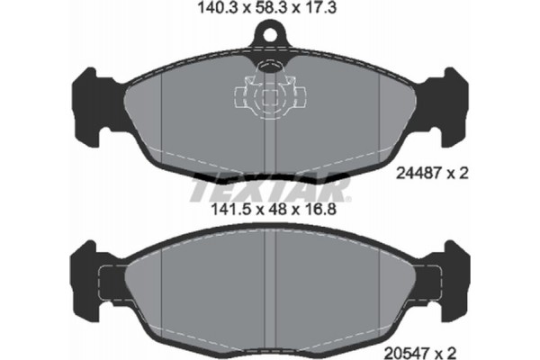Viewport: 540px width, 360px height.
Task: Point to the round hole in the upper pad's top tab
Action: (x=270, y=38)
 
